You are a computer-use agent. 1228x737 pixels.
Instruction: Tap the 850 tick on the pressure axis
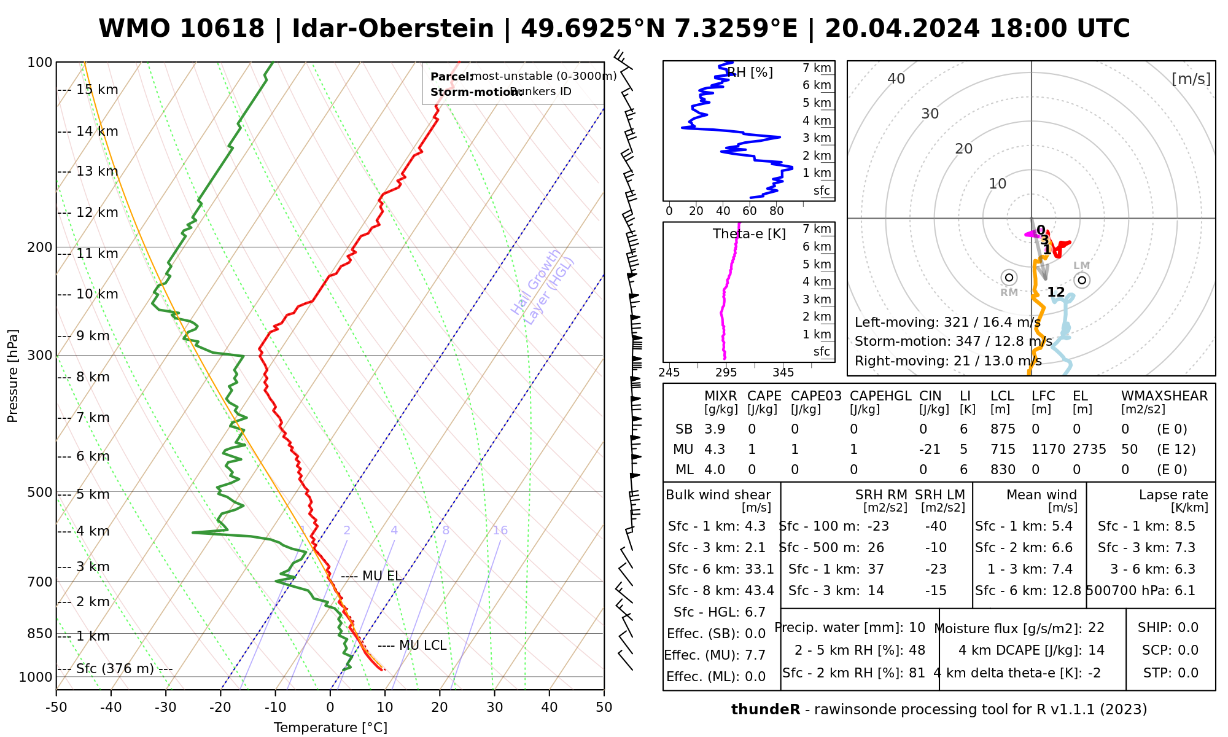(x=40, y=633)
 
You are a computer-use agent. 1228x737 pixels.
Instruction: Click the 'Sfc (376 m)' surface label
(x=115, y=669)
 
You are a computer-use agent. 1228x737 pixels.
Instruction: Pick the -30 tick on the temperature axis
(x=166, y=708)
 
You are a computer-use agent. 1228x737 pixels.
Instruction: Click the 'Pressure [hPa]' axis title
(x=13, y=376)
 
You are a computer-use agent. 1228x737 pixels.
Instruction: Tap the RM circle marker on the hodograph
(x=1009, y=278)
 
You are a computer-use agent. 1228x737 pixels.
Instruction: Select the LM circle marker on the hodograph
(x=1082, y=280)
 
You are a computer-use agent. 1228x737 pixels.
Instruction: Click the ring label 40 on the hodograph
(x=896, y=79)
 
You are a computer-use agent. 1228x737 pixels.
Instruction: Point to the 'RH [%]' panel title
(x=750, y=72)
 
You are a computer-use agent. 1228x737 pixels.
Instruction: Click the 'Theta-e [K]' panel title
(x=749, y=234)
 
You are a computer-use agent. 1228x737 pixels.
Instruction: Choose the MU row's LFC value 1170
(x=1048, y=450)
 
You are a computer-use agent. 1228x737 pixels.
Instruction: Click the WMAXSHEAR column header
(x=1164, y=396)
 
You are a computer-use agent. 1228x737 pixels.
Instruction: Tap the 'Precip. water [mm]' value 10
(x=917, y=628)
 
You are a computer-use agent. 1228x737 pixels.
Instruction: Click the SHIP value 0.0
(x=1188, y=628)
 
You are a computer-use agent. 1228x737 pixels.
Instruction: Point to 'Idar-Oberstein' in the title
(x=392, y=29)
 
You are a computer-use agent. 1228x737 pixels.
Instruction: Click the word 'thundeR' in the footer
(x=765, y=710)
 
